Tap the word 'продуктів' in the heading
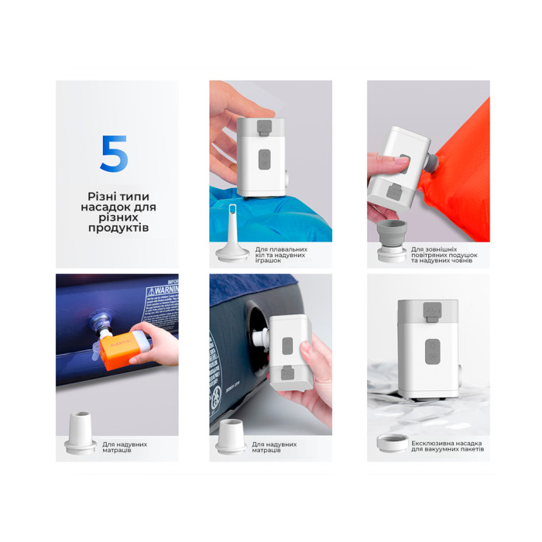pos(117,228)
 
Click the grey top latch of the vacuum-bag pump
pos(431,311)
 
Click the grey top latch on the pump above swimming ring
pos(264,124)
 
